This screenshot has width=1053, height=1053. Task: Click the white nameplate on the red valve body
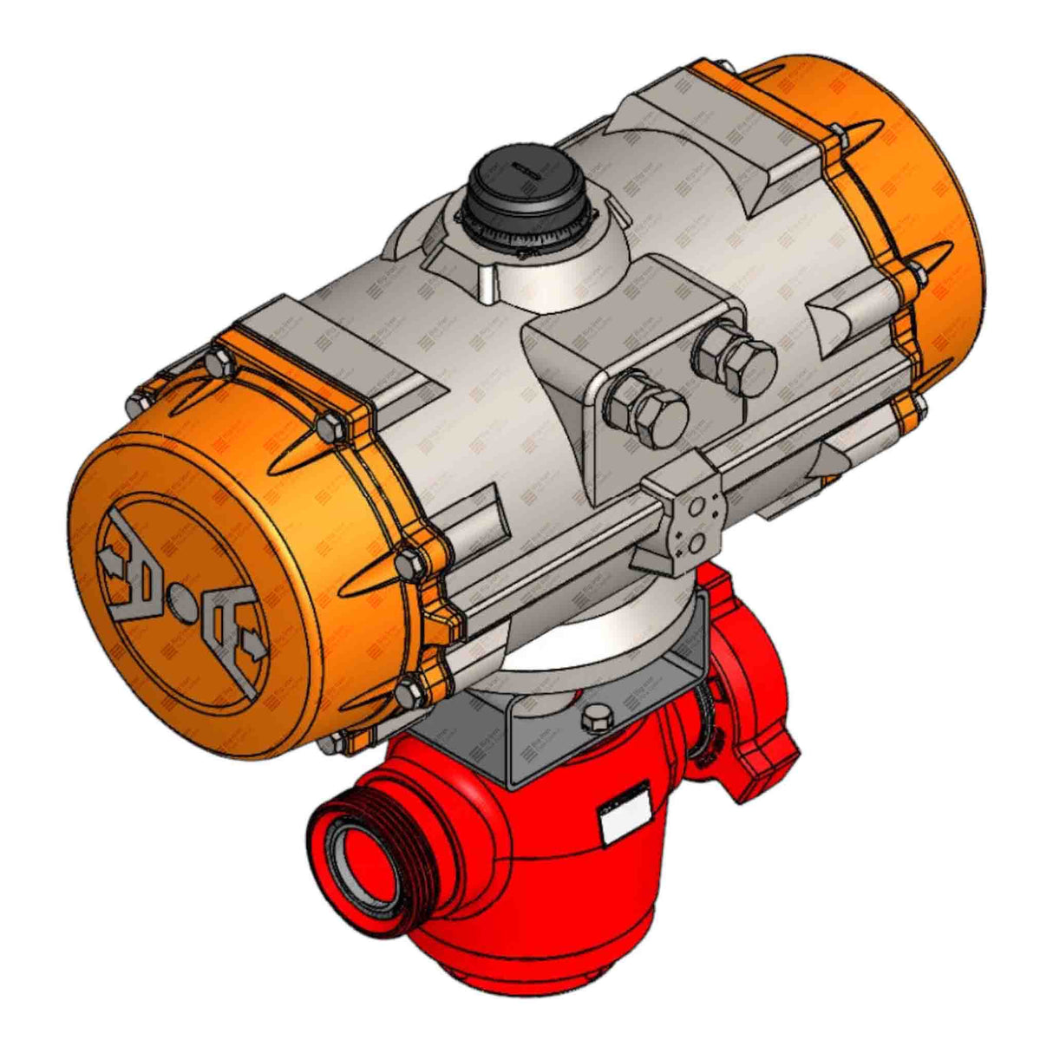point(625,816)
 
